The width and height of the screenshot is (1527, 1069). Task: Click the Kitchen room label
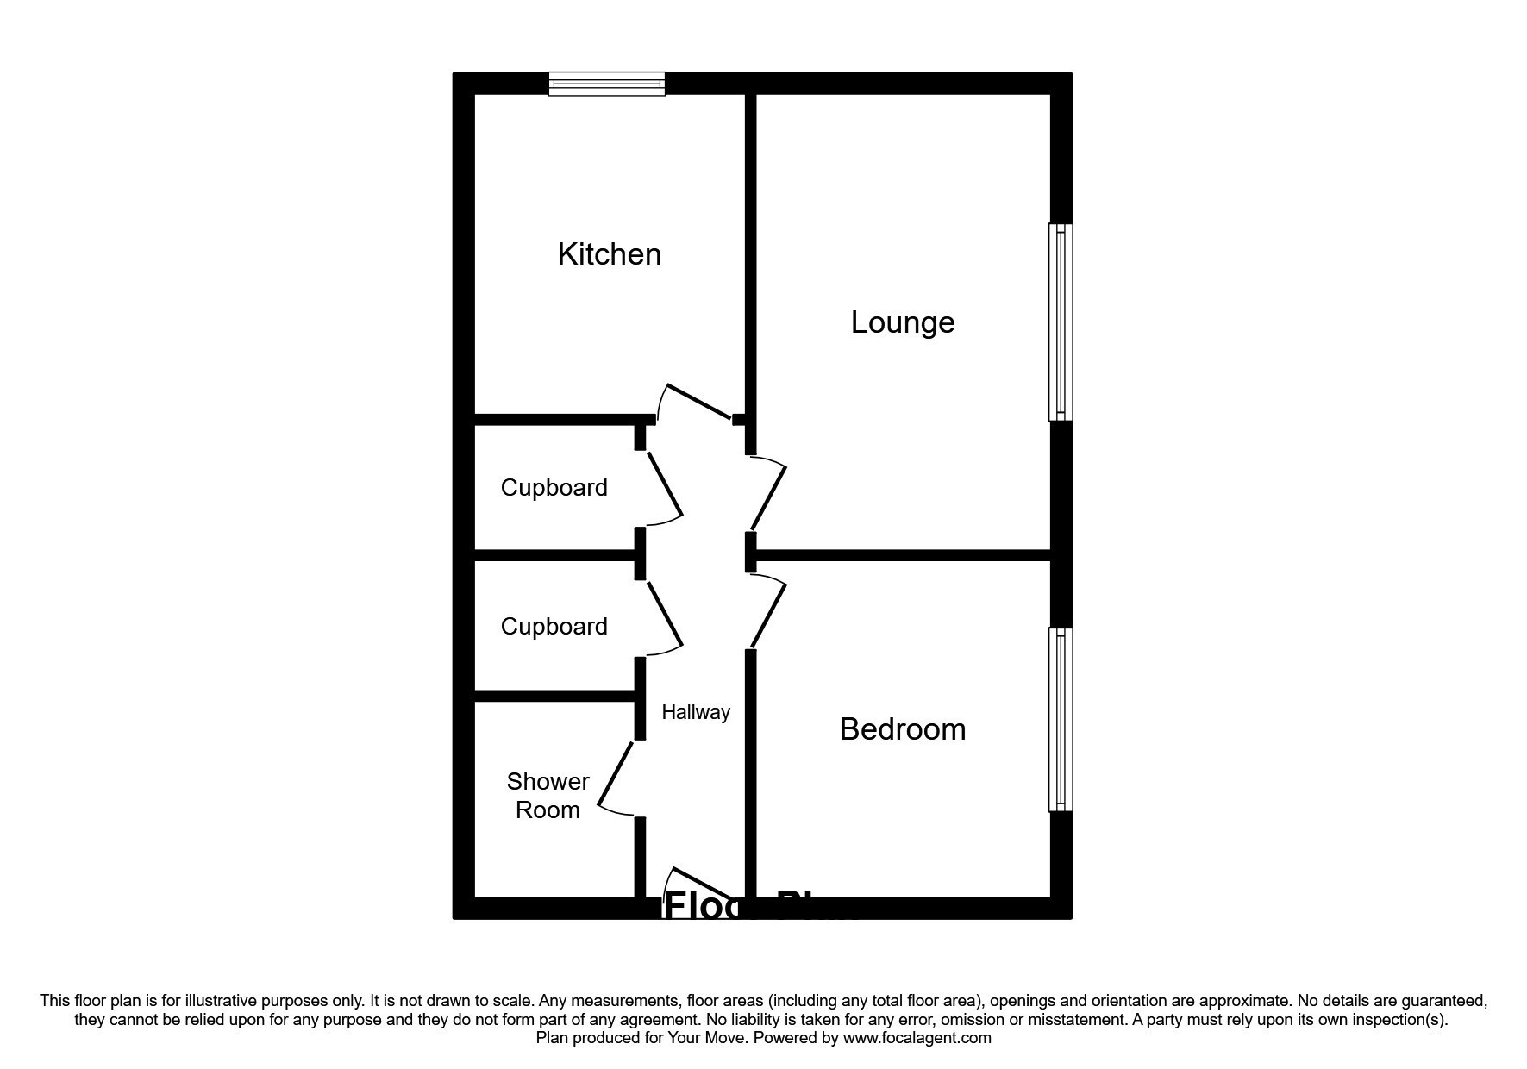click(x=609, y=254)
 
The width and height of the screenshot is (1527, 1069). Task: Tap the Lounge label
click(x=902, y=322)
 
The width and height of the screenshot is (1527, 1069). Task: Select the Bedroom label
click(x=902, y=729)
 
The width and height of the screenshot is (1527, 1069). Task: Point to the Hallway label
click(x=695, y=712)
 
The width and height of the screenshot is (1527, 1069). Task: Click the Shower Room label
click(x=548, y=795)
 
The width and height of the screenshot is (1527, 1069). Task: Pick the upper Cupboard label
click(x=554, y=488)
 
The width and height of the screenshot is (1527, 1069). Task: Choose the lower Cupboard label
click(x=554, y=626)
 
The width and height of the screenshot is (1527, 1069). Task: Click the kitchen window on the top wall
click(x=607, y=84)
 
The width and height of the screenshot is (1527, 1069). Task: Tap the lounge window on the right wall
click(x=1061, y=322)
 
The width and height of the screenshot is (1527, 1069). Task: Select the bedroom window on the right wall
click(x=1061, y=719)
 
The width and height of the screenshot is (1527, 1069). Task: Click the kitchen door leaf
click(x=700, y=403)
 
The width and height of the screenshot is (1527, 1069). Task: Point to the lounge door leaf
click(x=768, y=498)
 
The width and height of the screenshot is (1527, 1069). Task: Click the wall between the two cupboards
click(x=556, y=556)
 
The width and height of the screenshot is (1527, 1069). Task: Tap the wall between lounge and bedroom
click(x=902, y=556)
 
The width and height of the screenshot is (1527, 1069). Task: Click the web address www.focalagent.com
click(x=917, y=1038)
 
